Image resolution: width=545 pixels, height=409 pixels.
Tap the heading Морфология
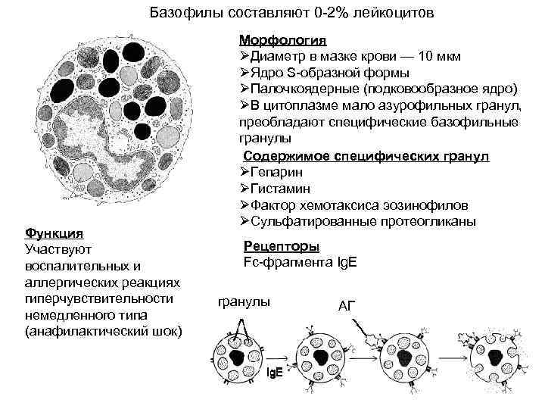[283, 39]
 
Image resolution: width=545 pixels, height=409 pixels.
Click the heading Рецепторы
[281, 247]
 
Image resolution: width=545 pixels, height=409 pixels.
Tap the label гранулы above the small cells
[243, 302]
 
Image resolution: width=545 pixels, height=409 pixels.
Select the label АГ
[346, 306]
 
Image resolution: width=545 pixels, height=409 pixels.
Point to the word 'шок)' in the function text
[164, 332]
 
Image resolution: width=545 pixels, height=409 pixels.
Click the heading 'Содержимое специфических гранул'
[366, 156]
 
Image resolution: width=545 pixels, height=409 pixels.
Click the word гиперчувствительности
[99, 298]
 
